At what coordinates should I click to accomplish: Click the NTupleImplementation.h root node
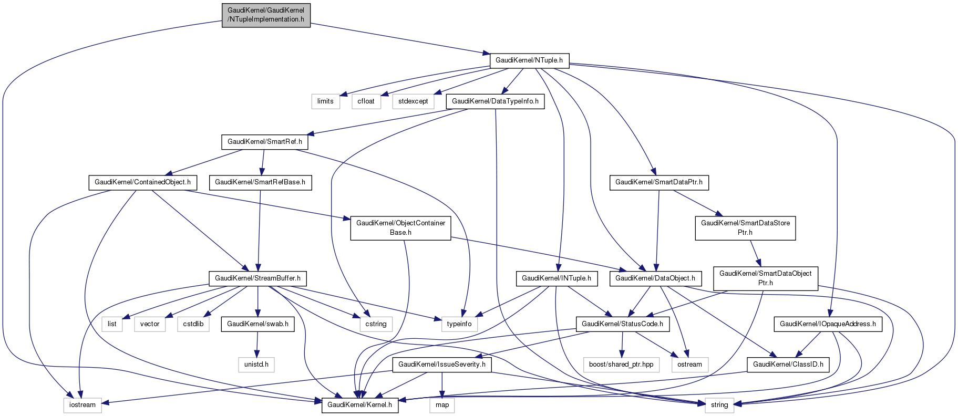pyautogui.click(x=266, y=15)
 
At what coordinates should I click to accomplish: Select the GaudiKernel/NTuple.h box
pyautogui.click(x=529, y=60)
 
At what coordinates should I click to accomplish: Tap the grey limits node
pyautogui.click(x=325, y=101)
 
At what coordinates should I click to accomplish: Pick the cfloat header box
pyautogui.click(x=366, y=101)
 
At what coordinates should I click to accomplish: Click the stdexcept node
pyautogui.click(x=413, y=101)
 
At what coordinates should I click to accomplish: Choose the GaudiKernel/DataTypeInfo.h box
pyautogui.click(x=495, y=101)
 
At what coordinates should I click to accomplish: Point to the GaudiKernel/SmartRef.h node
pyautogui.click(x=264, y=142)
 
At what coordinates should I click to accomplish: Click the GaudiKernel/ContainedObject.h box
pyautogui.click(x=142, y=182)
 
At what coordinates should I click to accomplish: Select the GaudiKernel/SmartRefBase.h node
pyautogui.click(x=261, y=182)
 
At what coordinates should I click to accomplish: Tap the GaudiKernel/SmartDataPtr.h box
pyautogui.click(x=659, y=182)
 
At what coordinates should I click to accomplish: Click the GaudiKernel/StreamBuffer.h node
pyautogui.click(x=257, y=278)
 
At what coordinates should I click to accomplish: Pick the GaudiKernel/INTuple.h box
pyautogui.click(x=557, y=278)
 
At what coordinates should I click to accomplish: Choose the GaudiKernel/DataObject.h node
pyautogui.click(x=655, y=278)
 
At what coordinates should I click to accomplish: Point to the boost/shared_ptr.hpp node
pyautogui.click(x=621, y=364)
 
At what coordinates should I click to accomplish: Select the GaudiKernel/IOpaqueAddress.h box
pyautogui.click(x=828, y=324)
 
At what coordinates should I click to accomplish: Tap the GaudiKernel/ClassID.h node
pyautogui.click(x=788, y=364)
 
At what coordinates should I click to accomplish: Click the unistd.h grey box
pyautogui.click(x=256, y=364)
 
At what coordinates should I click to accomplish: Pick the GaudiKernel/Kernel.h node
pyautogui.click(x=359, y=404)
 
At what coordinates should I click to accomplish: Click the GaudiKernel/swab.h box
pyautogui.click(x=257, y=324)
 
